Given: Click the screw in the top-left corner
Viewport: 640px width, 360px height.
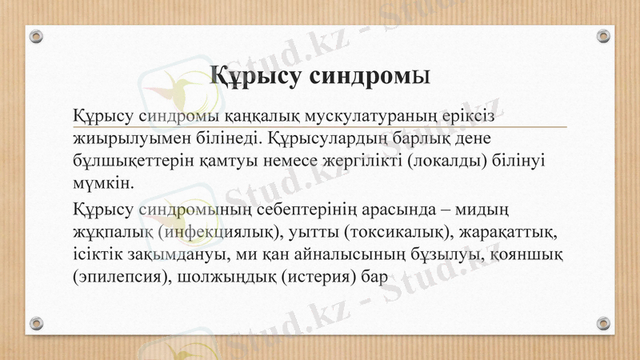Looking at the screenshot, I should [36, 36].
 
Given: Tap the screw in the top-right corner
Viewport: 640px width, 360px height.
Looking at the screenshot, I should [603, 36].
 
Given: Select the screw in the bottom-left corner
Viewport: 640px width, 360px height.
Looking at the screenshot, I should [36, 323].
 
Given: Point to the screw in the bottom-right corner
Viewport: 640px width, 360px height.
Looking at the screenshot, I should [603, 323].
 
